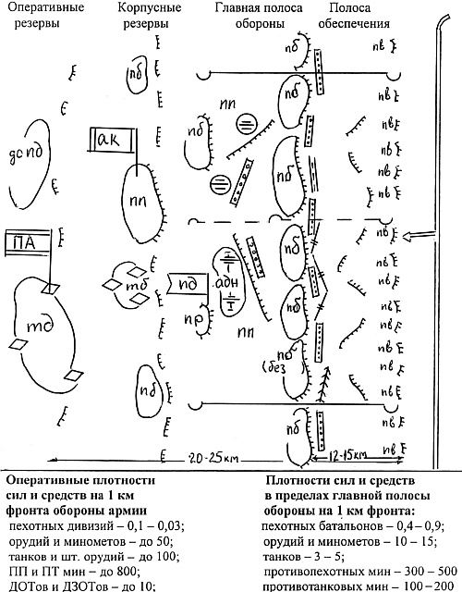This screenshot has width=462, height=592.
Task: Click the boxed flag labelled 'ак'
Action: pos(114,141)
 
